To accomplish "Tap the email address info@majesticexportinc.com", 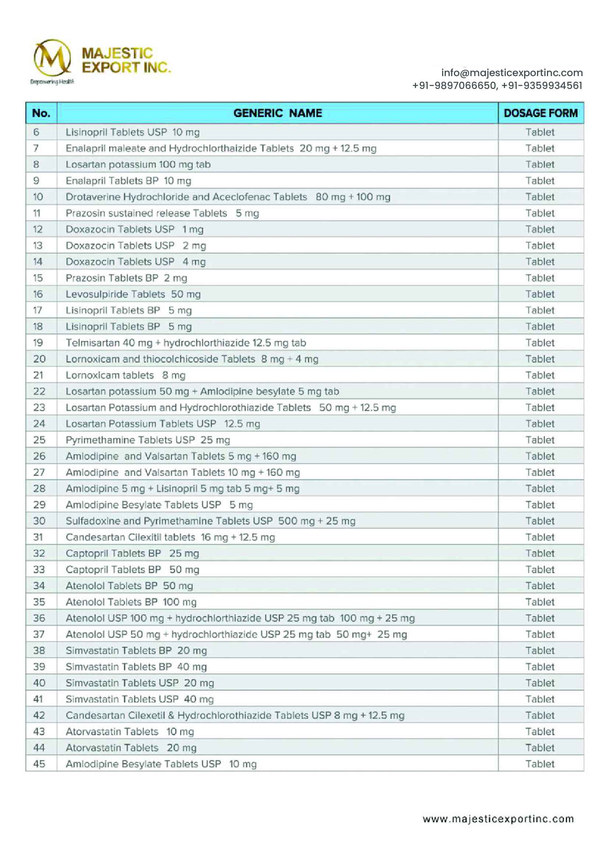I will [x=512, y=73].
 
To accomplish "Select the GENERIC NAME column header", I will [x=278, y=113].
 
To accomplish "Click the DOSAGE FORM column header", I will [x=540, y=113].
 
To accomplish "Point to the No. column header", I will [x=41, y=113].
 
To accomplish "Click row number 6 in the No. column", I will [x=36, y=132].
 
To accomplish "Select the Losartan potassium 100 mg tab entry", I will [x=138, y=164].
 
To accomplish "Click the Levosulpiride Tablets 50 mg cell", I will [x=133, y=294].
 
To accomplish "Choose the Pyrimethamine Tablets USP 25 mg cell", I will [x=147, y=440].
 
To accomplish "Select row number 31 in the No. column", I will [x=38, y=537].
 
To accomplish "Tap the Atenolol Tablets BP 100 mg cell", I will [x=131, y=602].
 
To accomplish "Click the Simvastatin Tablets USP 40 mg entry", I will [x=140, y=699].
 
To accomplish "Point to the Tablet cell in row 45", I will [x=540, y=764].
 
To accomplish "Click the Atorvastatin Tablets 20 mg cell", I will [x=131, y=747].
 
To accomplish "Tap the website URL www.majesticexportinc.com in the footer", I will [x=498, y=819].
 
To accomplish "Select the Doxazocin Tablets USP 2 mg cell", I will [x=136, y=246].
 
